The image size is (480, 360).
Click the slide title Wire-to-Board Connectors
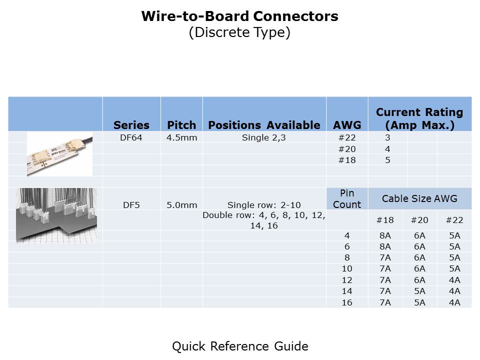coord(239,16)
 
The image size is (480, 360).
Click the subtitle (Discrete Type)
coord(239,32)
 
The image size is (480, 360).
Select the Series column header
coord(131,125)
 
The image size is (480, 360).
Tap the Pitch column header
coord(181,125)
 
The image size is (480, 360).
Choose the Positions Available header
coord(264,125)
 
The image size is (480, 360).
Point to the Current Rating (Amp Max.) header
coord(419,118)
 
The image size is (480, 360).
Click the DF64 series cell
coord(131,137)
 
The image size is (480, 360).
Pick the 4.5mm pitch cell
coord(182,137)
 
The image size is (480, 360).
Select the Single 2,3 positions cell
coord(264,138)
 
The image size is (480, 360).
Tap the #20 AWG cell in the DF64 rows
coord(347,149)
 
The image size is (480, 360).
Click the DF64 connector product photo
coord(59,154)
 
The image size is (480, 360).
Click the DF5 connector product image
coord(56,215)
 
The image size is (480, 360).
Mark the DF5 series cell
coord(131,205)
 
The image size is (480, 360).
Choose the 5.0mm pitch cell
coord(182,205)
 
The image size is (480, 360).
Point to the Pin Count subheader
coord(347,198)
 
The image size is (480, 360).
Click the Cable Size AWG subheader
coord(419,198)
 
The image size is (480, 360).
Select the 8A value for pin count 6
coord(385,246)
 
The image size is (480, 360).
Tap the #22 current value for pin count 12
coord(454,280)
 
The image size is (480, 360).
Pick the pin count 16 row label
coord(347,302)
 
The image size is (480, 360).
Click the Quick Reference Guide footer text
coord(240,346)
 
